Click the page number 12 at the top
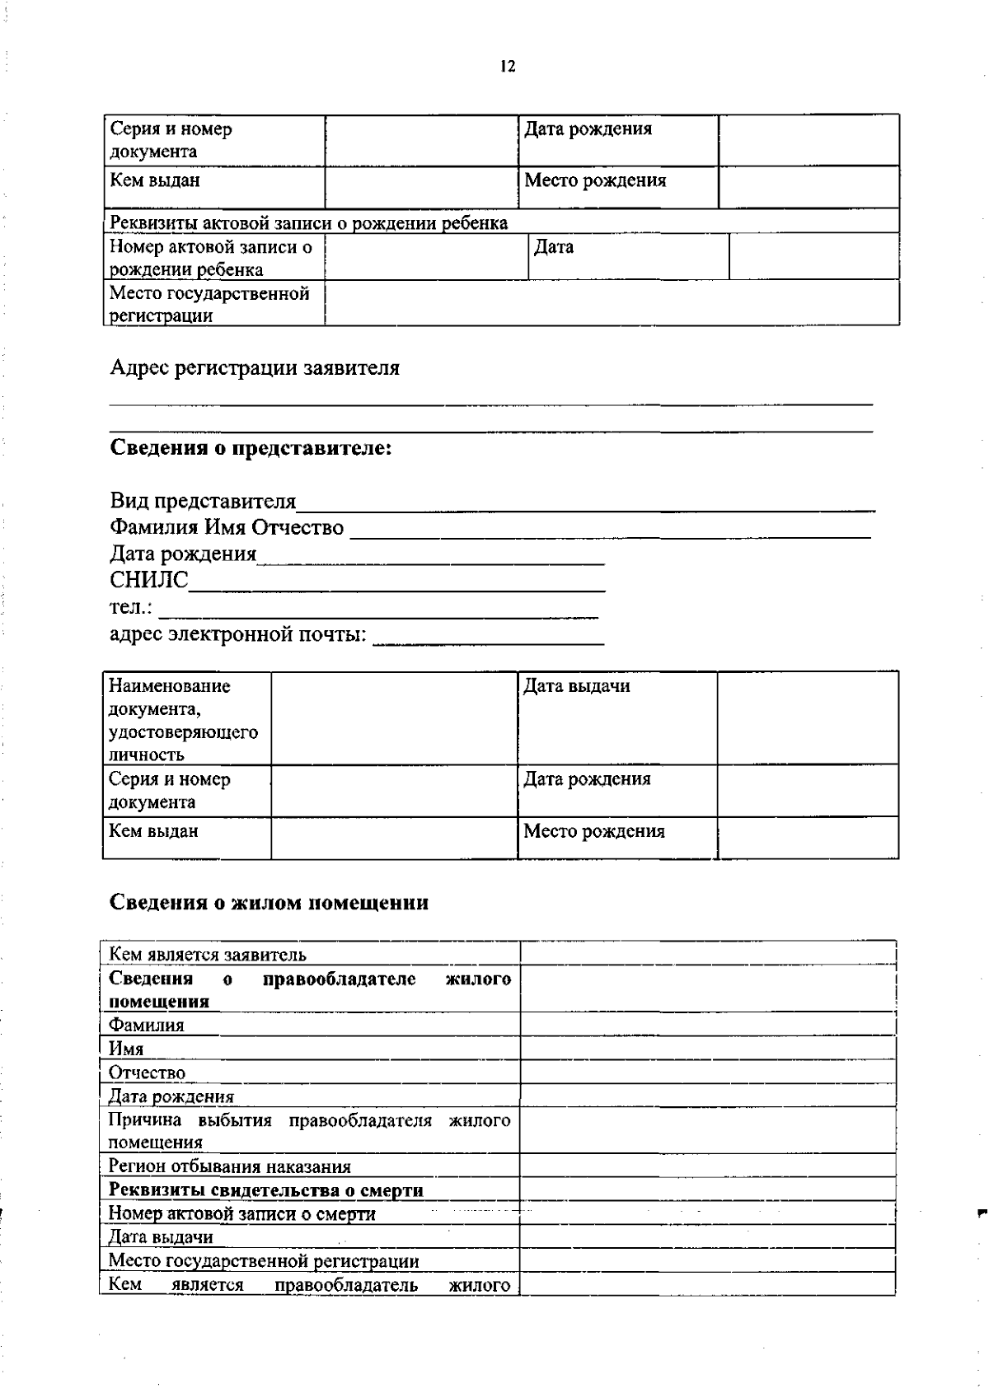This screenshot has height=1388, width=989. point(507,68)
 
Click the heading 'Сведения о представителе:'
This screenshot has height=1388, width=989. point(251,448)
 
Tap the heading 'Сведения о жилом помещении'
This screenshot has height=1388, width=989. point(269,903)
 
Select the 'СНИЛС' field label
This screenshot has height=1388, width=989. point(149,580)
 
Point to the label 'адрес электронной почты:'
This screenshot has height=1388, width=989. point(238,635)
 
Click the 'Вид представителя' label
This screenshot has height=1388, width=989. point(203,501)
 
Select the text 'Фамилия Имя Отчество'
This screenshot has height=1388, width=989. point(227,527)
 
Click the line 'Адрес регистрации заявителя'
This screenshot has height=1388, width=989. point(255,368)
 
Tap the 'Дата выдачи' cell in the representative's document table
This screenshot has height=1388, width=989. point(576,686)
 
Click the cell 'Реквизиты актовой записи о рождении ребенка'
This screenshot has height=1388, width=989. point(309,223)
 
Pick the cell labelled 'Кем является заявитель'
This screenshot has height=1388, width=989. point(208,955)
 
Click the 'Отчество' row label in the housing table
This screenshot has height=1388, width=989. point(148,1073)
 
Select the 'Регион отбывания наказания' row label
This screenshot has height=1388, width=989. point(230,1166)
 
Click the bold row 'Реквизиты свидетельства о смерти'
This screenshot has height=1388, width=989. point(266,1190)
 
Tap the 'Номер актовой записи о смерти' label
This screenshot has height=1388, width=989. point(242,1213)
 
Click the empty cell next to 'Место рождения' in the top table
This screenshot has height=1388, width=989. point(808,187)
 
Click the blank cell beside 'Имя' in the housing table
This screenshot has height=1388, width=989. point(707,1049)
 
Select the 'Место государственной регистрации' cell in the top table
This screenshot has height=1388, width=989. point(210,304)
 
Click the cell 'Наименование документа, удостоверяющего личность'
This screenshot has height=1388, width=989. point(183,720)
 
